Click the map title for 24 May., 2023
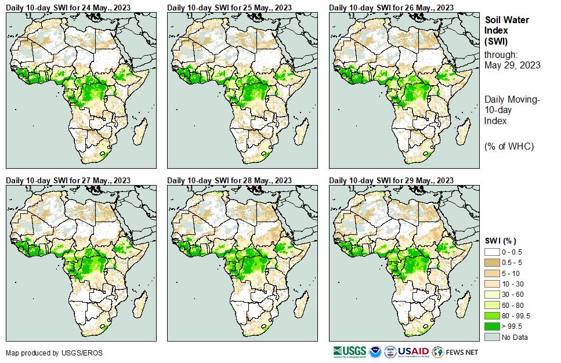point(68,8)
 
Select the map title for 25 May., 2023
point(230,8)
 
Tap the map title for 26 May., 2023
point(392,8)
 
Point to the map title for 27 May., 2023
point(68,180)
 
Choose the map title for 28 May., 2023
point(230,180)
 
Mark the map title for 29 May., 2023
point(392,180)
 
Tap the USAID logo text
point(414,351)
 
